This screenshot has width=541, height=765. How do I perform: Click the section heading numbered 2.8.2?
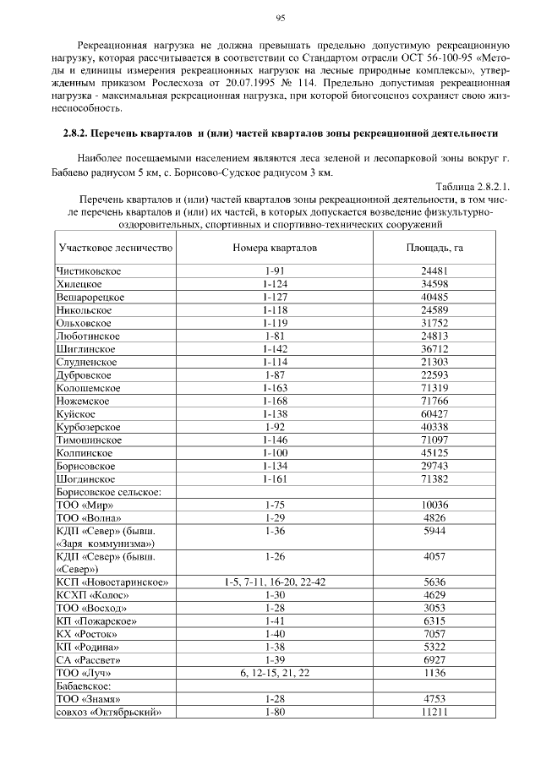280,134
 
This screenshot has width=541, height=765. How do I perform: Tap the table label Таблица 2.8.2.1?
473,186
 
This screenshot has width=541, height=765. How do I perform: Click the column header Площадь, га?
434,249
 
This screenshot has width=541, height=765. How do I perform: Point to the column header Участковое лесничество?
116,249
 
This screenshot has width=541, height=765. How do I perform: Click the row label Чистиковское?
89,270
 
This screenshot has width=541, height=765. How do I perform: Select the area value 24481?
434,270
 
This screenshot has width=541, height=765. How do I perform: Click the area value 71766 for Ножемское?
434,401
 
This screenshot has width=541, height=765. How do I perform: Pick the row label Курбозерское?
90,427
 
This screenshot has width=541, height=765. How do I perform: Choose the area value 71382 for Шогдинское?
434,478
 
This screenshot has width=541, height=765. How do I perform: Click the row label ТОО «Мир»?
85,505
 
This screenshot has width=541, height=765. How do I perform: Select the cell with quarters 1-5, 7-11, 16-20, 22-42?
276,582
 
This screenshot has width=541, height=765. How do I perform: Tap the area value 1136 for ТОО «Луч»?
434,673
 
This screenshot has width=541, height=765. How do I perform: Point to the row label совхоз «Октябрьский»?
108,712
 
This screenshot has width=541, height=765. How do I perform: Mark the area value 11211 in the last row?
434,712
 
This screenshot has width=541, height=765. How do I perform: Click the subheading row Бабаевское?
84,686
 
